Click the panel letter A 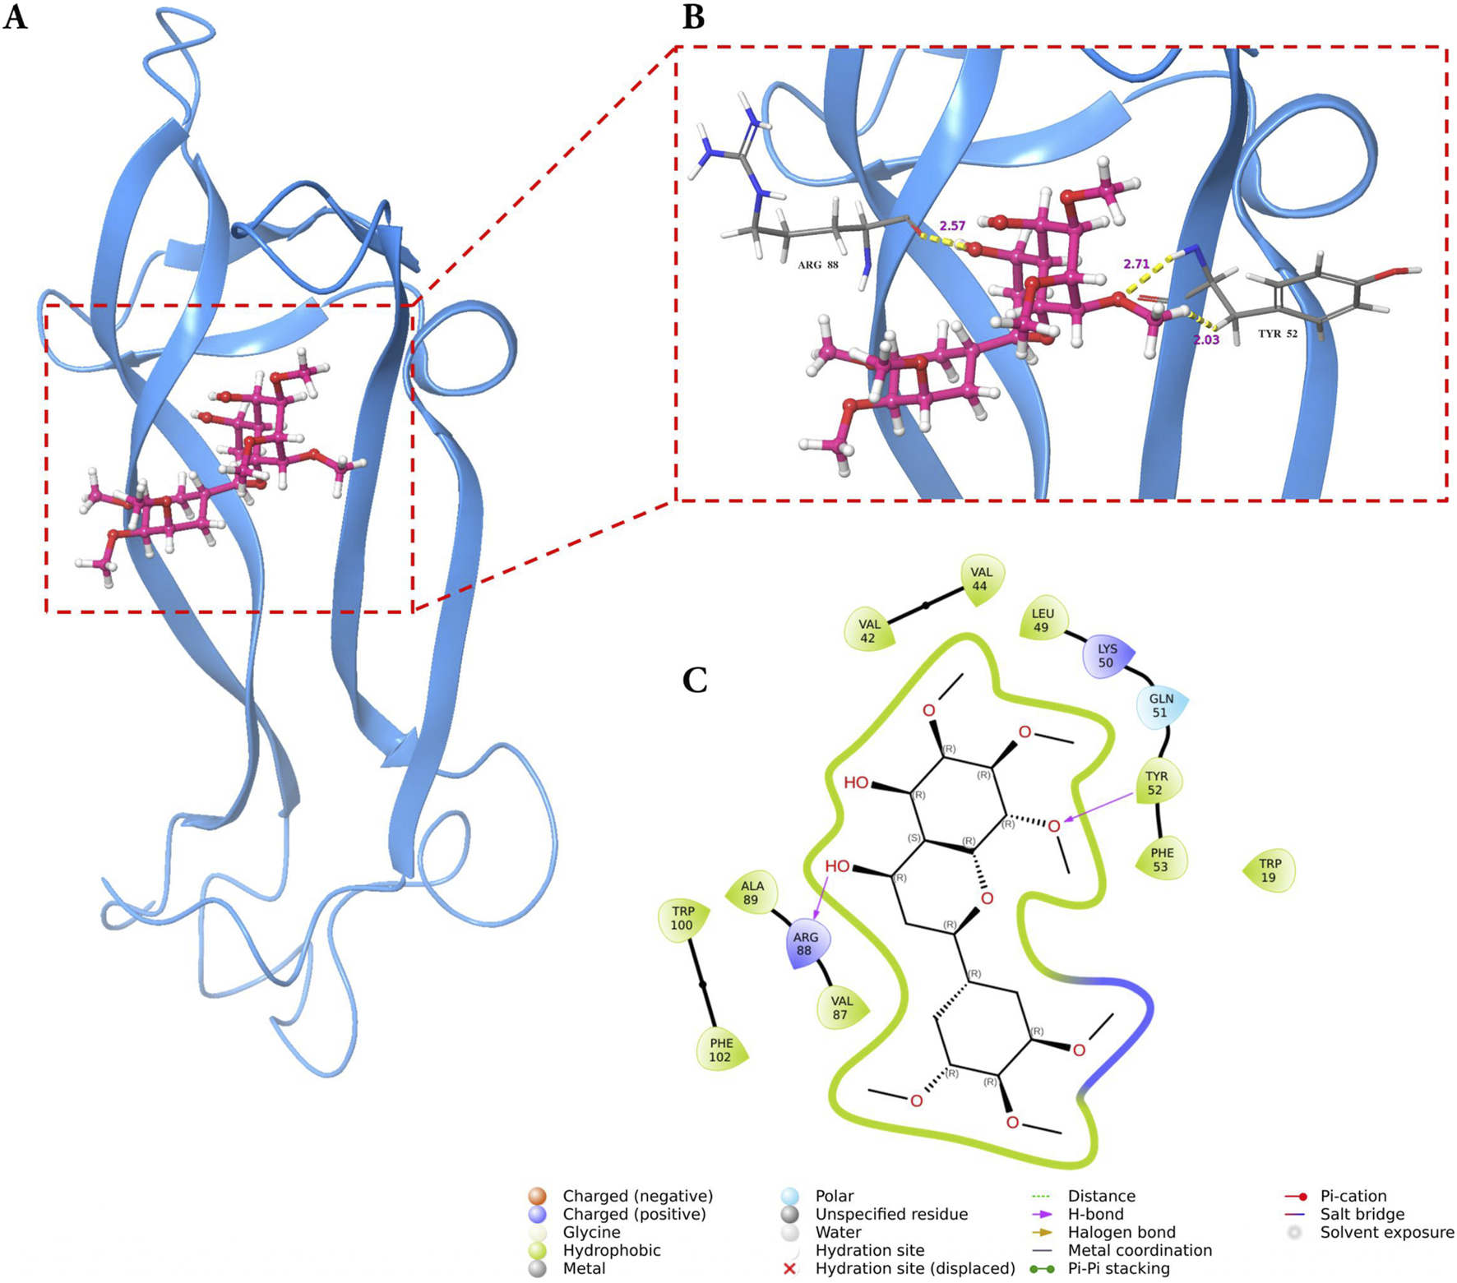(15, 17)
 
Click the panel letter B (693, 17)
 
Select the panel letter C (695, 681)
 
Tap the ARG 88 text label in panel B (818, 265)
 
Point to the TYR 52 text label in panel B (1277, 334)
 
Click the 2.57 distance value (952, 226)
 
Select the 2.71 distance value (1136, 265)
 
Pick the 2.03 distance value (1206, 339)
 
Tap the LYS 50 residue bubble (1107, 656)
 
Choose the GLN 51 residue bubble (1160, 706)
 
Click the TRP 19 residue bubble (1270, 870)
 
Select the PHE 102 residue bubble (721, 1050)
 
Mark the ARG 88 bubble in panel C (805, 944)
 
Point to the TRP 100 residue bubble (682, 919)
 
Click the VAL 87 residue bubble (840, 1008)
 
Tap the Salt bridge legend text (1362, 1214)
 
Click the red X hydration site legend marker (790, 1268)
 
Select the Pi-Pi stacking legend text (1118, 1268)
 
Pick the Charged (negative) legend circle (537, 1196)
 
